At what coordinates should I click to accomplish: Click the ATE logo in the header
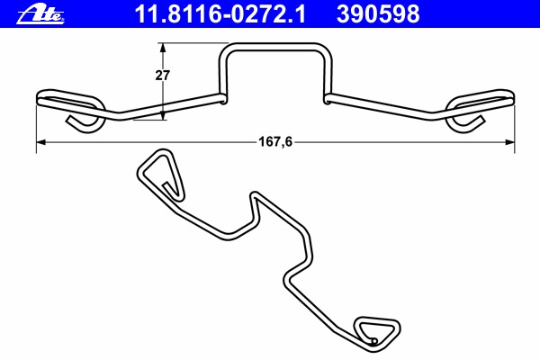40,15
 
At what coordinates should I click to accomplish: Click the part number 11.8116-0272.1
220,14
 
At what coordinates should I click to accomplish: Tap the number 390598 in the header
378,14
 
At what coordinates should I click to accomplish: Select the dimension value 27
162,75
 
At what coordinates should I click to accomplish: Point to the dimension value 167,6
275,141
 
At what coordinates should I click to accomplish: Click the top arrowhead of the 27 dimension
163,48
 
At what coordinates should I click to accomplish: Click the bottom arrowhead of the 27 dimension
163,115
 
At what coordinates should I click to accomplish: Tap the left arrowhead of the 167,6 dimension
41,142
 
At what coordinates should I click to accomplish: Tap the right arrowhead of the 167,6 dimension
509,142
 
